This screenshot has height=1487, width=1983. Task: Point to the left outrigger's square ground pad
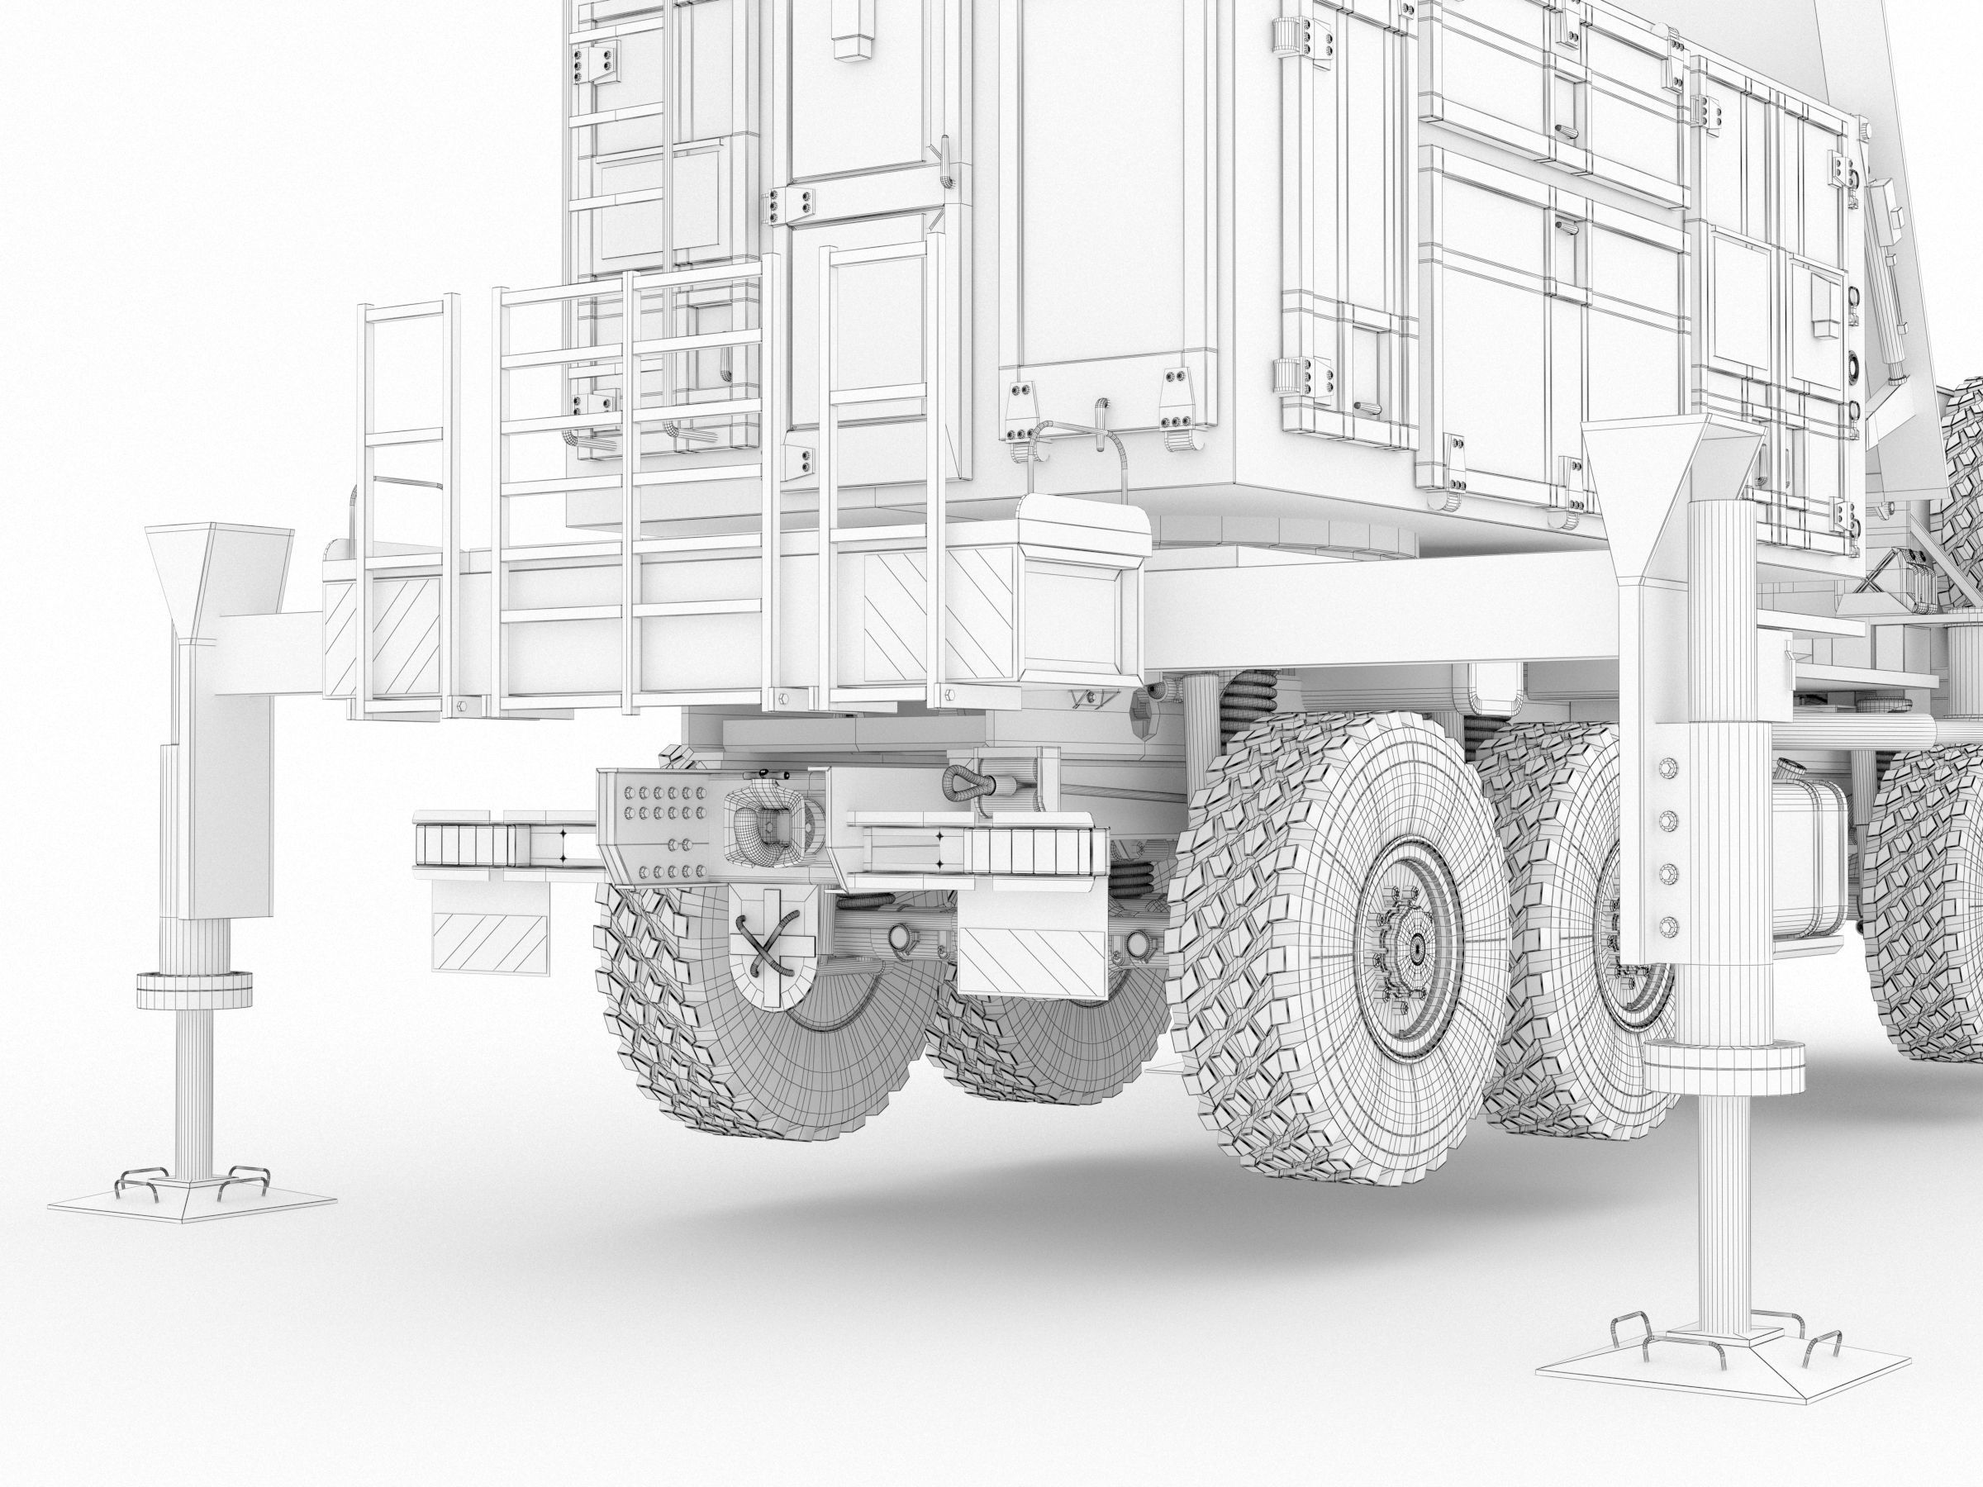tap(191, 1200)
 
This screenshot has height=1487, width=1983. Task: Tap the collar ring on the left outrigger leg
tap(193, 988)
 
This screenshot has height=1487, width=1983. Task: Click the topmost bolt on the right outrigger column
tap(1668, 767)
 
